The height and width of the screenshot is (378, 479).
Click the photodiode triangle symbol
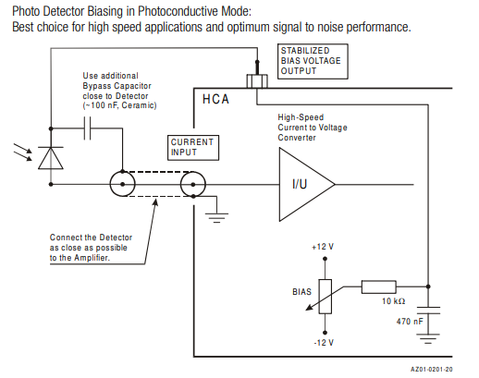(51, 158)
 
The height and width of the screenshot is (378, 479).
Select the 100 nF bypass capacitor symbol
(88, 128)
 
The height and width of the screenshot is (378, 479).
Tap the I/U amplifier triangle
(307, 184)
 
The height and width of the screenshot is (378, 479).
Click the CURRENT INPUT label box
(193, 148)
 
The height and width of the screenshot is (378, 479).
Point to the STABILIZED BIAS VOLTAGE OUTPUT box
(313, 61)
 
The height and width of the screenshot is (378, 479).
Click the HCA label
(215, 99)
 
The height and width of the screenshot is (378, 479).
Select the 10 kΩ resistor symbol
(379, 287)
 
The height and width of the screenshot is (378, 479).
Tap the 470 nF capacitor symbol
(428, 311)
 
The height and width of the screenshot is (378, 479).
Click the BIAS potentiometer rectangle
(325, 297)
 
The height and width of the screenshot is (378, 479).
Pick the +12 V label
(323, 247)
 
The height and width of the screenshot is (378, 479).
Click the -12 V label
(324, 343)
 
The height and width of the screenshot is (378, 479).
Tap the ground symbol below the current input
(217, 217)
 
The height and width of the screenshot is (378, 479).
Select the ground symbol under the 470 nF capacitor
(428, 339)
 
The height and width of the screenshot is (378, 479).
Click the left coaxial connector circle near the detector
(123, 184)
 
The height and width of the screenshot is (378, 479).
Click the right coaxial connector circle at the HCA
(193, 184)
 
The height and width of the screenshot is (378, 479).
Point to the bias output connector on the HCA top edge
(257, 80)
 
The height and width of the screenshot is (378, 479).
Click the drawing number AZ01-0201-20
(432, 369)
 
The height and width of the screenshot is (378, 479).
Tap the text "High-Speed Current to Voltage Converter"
(313, 128)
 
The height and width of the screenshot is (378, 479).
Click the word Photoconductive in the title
(178, 11)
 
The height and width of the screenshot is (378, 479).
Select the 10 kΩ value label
(393, 301)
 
